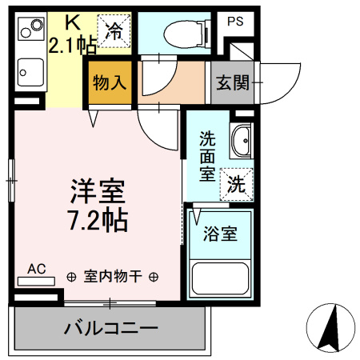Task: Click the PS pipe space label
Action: (234, 22)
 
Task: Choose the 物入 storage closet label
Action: (109, 82)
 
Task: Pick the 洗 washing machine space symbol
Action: (238, 182)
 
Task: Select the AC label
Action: (37, 269)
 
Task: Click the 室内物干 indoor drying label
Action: (113, 277)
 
